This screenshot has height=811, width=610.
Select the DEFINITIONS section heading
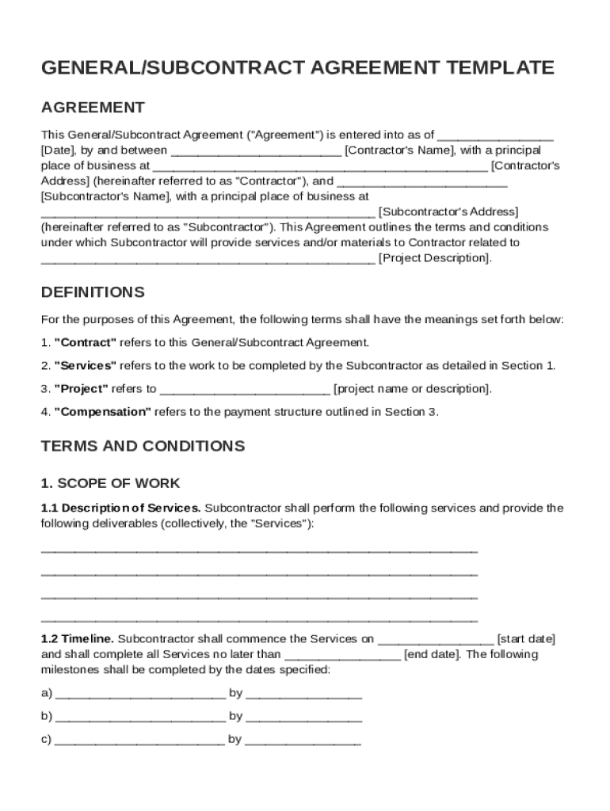point(93,292)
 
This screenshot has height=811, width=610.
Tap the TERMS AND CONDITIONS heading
point(143,446)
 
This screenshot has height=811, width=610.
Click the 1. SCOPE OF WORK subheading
point(111,483)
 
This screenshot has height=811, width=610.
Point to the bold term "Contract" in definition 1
point(86,343)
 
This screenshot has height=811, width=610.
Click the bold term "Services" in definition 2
point(86,366)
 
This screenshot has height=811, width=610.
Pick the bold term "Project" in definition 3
point(82,389)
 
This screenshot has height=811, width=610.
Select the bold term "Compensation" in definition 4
point(102,412)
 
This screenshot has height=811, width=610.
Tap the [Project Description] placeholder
point(435,257)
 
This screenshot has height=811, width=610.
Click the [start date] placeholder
point(526,638)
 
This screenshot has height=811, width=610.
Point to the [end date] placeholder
point(432,654)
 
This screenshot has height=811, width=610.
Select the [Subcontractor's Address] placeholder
point(448,211)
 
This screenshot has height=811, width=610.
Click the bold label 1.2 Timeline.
point(78,638)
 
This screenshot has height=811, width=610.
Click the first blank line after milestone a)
point(141,694)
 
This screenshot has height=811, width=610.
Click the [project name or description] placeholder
point(413,389)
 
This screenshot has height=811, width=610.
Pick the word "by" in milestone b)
point(236,717)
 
